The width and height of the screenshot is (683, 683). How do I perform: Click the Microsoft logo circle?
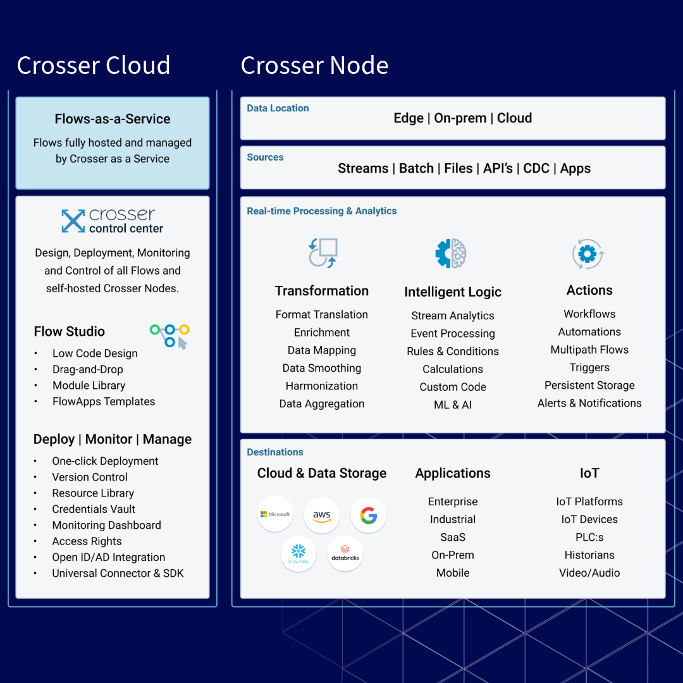tap(275, 515)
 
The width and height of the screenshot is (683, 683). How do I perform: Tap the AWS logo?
tap(322, 515)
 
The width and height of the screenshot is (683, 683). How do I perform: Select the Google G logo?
tap(369, 515)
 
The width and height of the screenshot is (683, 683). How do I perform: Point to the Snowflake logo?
tap(298, 554)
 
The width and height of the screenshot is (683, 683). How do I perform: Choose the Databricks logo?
tap(345, 554)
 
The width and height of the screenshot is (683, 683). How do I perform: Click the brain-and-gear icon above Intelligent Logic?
tap(452, 254)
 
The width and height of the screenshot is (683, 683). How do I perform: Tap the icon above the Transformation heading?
tap(323, 253)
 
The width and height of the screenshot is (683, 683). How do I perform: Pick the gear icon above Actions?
tap(588, 254)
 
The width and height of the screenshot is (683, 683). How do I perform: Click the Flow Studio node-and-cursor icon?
tap(170, 336)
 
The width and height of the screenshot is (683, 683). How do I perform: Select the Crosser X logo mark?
tap(73, 221)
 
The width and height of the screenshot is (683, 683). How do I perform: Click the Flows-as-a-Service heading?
tap(113, 119)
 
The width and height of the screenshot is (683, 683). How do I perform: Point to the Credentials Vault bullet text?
tap(94, 509)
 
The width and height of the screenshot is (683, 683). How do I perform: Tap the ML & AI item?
tap(453, 405)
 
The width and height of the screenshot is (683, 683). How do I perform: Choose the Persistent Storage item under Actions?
tap(589, 385)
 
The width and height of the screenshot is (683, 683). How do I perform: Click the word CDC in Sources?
tap(536, 168)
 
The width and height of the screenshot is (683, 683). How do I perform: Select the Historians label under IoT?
tap(589, 555)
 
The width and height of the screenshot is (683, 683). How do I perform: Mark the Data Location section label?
tap(278, 108)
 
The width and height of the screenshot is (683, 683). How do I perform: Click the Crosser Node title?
tap(314, 65)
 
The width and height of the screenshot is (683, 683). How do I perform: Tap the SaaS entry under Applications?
tap(453, 537)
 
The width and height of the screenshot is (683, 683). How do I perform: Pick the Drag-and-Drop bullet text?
tap(88, 369)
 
